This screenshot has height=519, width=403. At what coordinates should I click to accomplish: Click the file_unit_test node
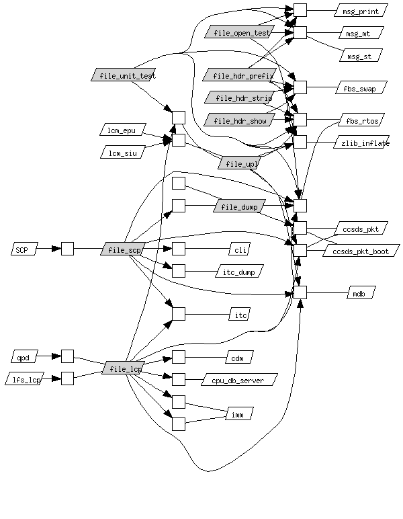(x=128, y=75)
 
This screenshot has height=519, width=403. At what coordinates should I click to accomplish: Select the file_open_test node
(x=242, y=32)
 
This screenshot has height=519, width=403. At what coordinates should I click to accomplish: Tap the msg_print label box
(x=361, y=11)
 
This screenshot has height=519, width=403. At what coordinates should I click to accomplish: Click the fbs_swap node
(x=361, y=88)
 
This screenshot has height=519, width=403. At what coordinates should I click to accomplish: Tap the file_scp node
(x=122, y=249)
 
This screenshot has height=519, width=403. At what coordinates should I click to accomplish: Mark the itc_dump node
(x=238, y=272)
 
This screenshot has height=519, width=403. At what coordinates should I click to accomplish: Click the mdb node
(x=361, y=293)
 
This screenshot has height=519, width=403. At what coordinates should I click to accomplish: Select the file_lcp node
(x=124, y=368)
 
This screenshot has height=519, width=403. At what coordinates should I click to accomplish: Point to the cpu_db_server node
(x=238, y=380)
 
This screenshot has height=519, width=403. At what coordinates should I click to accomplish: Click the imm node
(x=238, y=413)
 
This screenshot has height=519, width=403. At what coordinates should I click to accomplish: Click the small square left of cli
(x=178, y=249)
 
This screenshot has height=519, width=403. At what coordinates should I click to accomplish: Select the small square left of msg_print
(x=300, y=10)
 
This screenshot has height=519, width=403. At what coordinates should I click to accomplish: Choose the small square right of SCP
(x=67, y=249)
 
